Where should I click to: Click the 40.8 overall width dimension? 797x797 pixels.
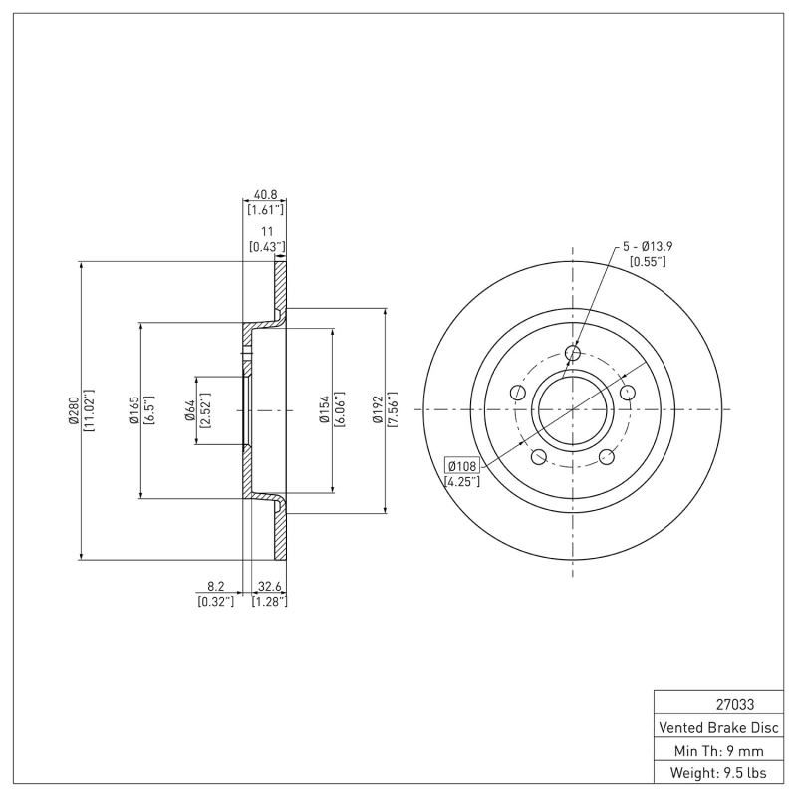point(265,195)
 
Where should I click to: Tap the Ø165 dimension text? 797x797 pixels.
point(133,409)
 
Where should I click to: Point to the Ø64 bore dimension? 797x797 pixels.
point(189,409)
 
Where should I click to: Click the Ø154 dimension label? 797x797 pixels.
point(325,409)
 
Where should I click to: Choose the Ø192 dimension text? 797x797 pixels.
point(379,409)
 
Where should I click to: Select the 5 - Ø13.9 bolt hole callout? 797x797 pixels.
point(649,245)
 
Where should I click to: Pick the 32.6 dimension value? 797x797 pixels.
point(268,588)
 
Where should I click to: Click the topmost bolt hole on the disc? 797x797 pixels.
point(573,352)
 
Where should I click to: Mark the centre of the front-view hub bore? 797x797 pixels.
point(573,409)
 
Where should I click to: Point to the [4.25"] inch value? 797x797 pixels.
point(462,482)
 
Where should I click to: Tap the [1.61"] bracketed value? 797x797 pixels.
point(265,210)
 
